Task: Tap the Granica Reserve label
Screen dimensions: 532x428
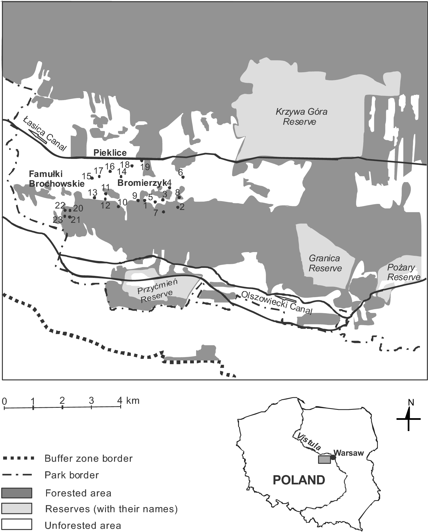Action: click(325, 263)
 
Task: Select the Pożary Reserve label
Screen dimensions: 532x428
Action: click(403, 272)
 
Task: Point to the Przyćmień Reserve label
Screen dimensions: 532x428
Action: click(157, 291)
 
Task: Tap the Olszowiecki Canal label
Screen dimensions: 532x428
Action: click(277, 303)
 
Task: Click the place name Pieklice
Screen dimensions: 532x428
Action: click(110, 153)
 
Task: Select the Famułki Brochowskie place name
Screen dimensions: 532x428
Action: click(56, 178)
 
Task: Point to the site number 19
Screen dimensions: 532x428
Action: click(145, 167)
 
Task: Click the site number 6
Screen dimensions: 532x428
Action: click(180, 172)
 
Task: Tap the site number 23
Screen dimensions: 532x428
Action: click(58, 220)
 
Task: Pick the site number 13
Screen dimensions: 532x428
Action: click(92, 192)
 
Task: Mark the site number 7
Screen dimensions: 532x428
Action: click(156, 213)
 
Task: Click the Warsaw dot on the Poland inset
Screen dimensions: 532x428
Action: click(333, 457)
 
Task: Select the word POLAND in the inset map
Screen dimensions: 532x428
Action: click(299, 480)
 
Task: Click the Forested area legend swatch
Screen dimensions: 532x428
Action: click(17, 493)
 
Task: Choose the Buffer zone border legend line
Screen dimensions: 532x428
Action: click(18, 458)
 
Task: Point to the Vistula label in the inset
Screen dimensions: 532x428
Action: click(308, 441)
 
